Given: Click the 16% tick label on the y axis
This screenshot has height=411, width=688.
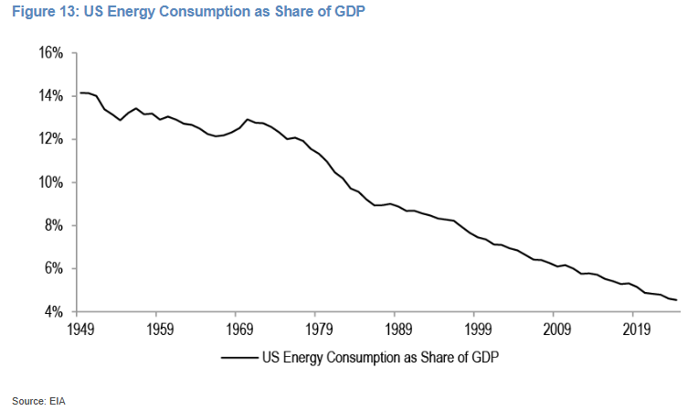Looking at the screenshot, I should point(50,53).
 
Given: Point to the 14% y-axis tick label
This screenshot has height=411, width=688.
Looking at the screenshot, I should point(50,96).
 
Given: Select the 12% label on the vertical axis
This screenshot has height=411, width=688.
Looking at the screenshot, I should point(50,139).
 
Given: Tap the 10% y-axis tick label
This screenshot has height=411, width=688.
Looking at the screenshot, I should point(50,182).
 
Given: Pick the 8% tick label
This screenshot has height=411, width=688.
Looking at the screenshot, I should point(54,225).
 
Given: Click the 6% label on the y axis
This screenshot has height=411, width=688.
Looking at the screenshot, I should point(54,268).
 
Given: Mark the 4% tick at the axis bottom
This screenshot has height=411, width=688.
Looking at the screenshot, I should point(54,311).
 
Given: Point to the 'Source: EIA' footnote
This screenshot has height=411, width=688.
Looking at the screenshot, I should point(38,401).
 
